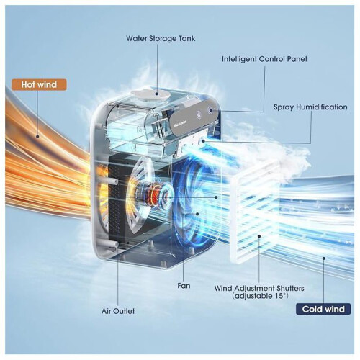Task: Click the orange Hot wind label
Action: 39,84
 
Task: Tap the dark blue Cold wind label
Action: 323,309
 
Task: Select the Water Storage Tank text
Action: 161,38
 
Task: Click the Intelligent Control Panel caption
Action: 264,59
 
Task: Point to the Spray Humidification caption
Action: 310,107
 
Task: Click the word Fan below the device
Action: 184,286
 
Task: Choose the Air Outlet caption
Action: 118,311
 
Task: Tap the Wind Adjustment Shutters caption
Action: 259,288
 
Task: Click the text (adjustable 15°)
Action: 260,296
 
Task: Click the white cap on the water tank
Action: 150,94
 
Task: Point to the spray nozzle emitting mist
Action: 203,140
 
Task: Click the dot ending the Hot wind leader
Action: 37,137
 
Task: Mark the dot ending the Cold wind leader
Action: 324,258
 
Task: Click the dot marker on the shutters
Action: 259,236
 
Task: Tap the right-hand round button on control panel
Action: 210,110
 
